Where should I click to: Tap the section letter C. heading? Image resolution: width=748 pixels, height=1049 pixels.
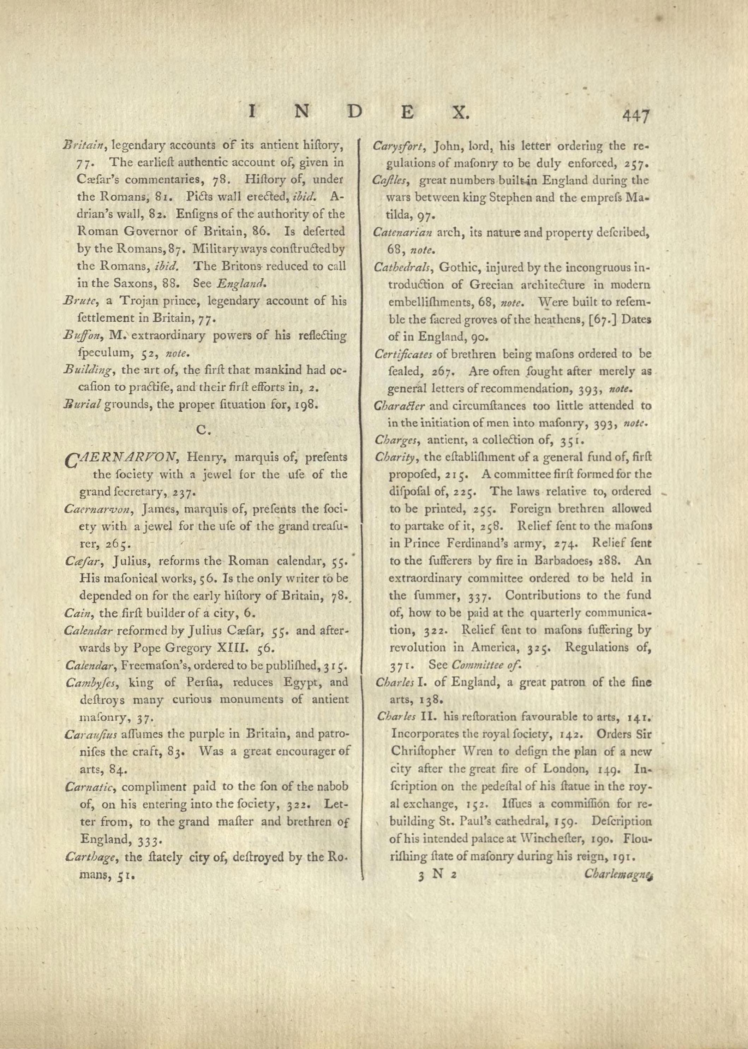(203, 429)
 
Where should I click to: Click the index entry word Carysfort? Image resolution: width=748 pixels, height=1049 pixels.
(398, 147)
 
